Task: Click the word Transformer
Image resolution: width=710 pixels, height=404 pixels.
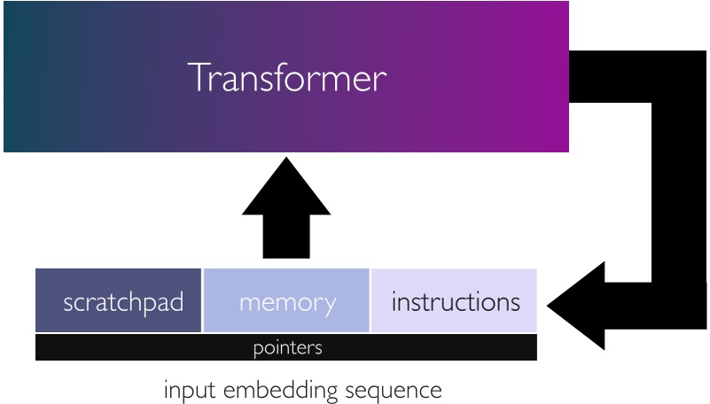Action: [287, 78]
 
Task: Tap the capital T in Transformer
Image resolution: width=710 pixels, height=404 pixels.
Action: [198, 78]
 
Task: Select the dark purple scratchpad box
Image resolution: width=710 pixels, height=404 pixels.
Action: [119, 301]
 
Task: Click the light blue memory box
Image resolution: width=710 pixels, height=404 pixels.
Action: [286, 301]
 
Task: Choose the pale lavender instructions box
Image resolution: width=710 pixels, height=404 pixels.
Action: [454, 301]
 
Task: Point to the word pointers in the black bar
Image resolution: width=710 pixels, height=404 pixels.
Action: [286, 347]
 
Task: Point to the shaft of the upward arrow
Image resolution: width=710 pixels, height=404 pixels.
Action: [286, 239]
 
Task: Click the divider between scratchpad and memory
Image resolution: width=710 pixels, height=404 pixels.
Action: [203, 301]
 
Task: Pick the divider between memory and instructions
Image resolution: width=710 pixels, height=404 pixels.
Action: [370, 301]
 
